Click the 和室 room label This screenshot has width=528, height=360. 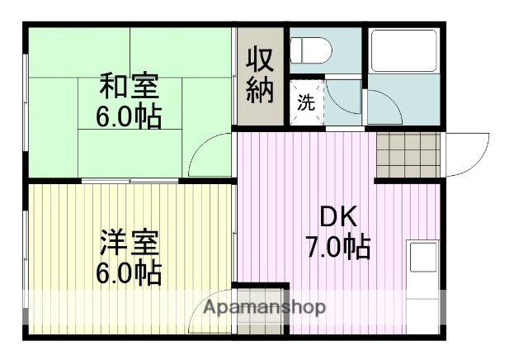click(129, 87)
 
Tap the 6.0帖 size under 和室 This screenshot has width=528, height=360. click(129, 116)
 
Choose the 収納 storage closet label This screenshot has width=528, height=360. click(260, 76)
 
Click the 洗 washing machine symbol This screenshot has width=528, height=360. click(305, 104)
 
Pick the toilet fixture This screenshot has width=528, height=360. click(312, 50)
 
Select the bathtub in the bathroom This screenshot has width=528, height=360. click(403, 51)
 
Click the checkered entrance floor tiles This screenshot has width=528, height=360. click(408, 154)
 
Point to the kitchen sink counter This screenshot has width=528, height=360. click(424, 281)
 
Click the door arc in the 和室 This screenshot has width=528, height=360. click(210, 155)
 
